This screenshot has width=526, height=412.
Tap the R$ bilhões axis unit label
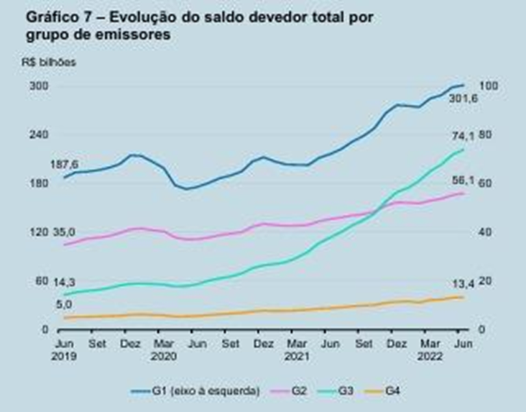pyautogui.click(x=53, y=60)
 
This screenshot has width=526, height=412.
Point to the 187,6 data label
pyautogui.click(x=64, y=165)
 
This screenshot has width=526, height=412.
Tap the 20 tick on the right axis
pyautogui.click(x=486, y=281)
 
